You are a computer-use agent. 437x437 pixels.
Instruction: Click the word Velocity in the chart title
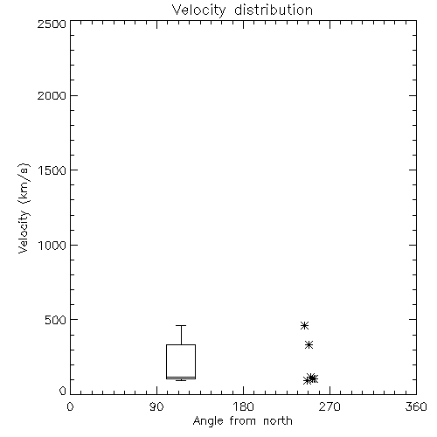click(x=198, y=10)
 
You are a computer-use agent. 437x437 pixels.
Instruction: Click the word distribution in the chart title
click(x=274, y=10)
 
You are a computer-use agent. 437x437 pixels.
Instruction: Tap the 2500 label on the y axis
click(x=52, y=24)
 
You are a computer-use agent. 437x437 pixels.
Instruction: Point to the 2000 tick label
click(x=52, y=95)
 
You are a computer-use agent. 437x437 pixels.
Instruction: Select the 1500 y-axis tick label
click(x=52, y=170)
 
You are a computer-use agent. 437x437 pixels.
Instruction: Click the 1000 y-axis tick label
click(x=52, y=245)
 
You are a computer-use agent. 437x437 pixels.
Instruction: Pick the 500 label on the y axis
click(x=56, y=320)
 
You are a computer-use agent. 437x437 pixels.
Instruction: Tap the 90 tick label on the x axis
click(x=156, y=406)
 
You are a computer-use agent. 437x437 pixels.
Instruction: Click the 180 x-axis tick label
click(x=243, y=406)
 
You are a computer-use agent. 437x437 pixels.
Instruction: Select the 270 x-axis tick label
click(x=329, y=406)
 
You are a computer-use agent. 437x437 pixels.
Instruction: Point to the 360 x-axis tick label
click(x=416, y=406)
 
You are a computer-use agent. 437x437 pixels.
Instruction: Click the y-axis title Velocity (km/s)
click(x=24, y=208)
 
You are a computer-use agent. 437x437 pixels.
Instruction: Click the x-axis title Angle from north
click(x=243, y=421)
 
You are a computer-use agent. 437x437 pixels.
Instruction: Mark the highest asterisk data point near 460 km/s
click(x=304, y=325)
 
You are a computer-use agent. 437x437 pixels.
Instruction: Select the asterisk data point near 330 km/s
click(x=309, y=345)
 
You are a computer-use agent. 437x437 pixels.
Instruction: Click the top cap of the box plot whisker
click(x=181, y=325)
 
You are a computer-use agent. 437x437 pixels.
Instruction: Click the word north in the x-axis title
click(x=278, y=421)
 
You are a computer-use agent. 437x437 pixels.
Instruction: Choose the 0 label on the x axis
click(x=70, y=406)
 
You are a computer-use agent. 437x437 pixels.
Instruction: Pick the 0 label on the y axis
click(x=63, y=391)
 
